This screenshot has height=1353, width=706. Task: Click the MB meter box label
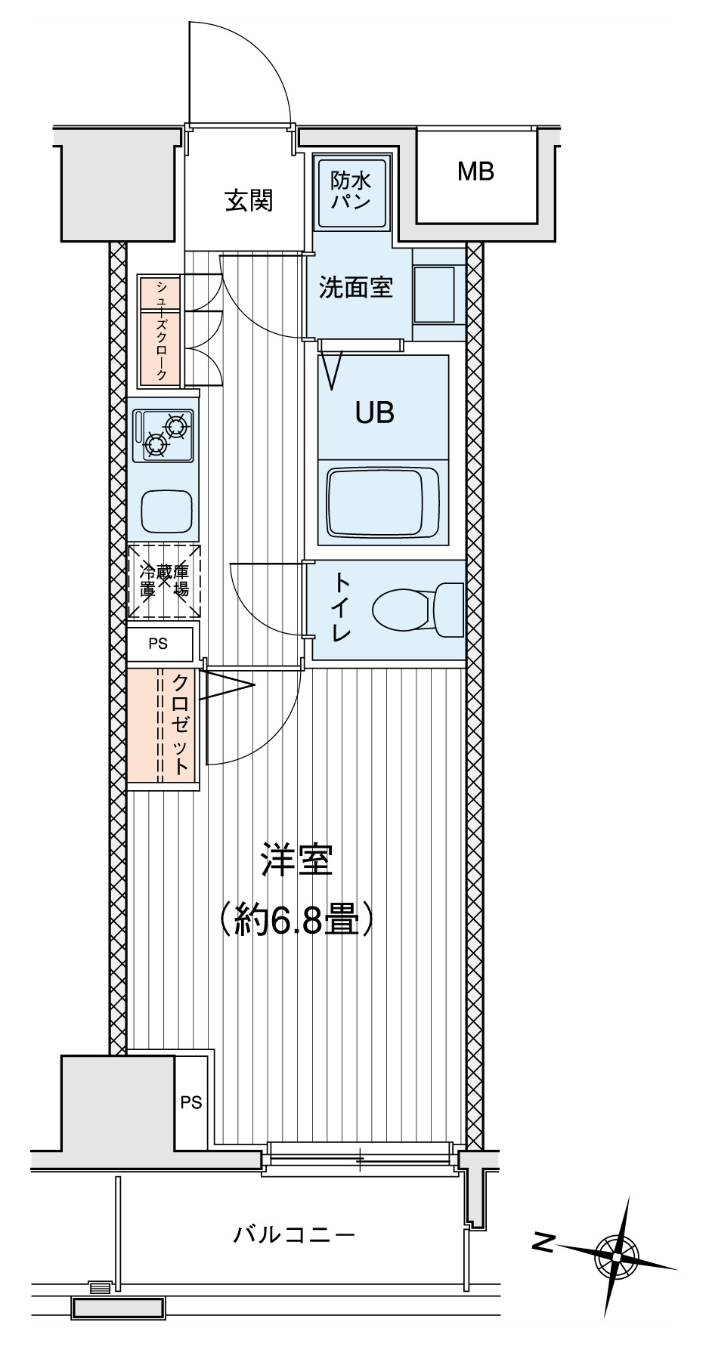point(475,172)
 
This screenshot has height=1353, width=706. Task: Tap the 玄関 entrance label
point(249,201)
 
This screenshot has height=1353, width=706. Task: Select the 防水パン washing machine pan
point(351,192)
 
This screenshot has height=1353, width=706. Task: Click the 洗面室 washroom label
point(355,288)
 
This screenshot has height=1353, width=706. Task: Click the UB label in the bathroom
point(375,412)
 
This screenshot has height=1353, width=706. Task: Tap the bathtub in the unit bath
point(376,503)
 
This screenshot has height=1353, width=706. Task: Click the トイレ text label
point(342,609)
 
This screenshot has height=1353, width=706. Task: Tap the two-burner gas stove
point(164,436)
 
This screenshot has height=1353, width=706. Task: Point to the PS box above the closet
point(159,644)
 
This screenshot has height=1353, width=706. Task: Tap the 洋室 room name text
point(296,860)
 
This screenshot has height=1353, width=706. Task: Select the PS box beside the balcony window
point(191,1102)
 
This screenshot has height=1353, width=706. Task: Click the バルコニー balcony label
point(293,1236)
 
